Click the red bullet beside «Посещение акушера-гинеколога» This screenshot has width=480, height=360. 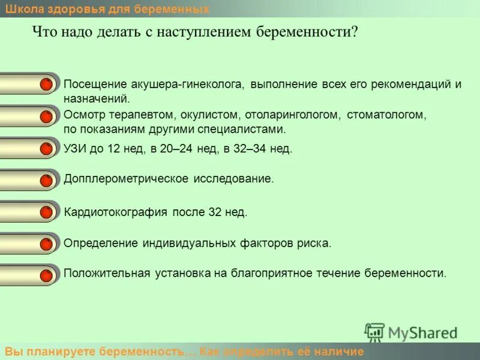46,85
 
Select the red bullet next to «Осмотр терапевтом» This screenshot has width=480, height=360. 46,116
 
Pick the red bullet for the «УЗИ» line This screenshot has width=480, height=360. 46,149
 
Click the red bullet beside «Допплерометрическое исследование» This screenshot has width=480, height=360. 46,180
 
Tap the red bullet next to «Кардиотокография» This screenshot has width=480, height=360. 46,212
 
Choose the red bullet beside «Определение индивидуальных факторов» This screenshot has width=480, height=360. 46,244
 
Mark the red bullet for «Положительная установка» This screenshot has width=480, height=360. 46,275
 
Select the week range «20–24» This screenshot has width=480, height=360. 176,149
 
